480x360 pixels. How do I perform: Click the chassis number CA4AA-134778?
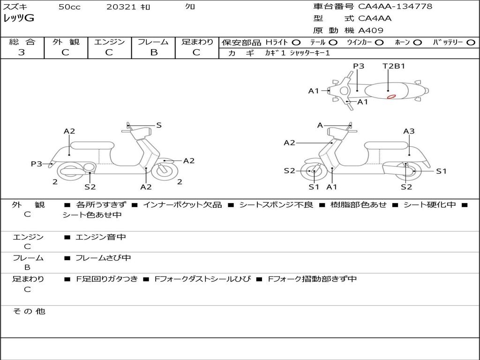(395, 7)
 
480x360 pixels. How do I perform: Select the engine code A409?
(371, 30)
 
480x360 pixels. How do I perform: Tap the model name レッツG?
(19, 18)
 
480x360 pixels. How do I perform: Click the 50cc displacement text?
(69, 7)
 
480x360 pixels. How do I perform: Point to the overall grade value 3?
(22, 52)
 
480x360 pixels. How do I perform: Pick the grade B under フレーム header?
(153, 52)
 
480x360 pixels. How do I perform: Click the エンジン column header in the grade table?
(109, 42)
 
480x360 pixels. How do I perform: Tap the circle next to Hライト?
(296, 43)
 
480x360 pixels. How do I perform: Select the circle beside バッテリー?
(471, 43)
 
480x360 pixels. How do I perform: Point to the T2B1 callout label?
(394, 66)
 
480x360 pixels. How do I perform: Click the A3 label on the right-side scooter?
(409, 131)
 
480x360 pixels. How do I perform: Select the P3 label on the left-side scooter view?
(37, 164)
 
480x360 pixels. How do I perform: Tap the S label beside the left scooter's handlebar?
(159, 125)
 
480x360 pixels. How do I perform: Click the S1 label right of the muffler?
(441, 171)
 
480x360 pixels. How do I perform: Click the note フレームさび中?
(103, 258)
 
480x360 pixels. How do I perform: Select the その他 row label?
(29, 311)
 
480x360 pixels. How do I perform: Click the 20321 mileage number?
(121, 7)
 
